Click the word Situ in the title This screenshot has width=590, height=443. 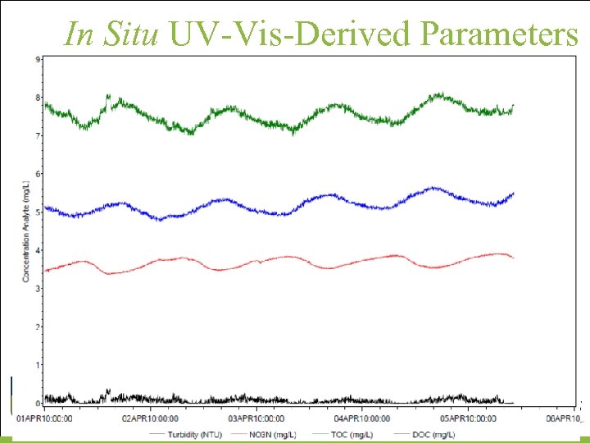[135, 34]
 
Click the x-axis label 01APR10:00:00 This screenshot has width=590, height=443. [45, 418]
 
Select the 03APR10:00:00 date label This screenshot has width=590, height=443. [256, 418]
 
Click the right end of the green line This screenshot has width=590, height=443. [513, 106]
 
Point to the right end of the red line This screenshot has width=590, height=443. [513, 258]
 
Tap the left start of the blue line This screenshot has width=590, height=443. [46, 208]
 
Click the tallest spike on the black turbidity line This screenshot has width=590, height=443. [108, 390]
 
